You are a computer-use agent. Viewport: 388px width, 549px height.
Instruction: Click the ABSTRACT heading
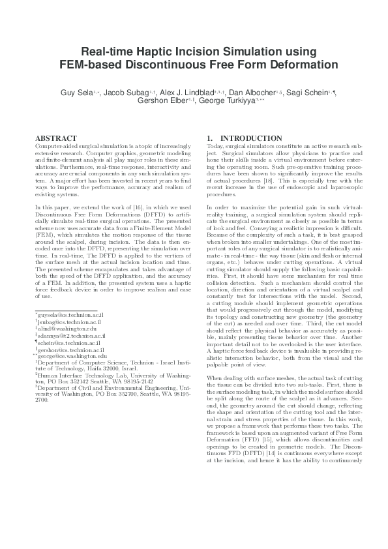click(52, 138)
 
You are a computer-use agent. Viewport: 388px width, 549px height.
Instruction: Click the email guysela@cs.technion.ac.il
click(70, 315)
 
